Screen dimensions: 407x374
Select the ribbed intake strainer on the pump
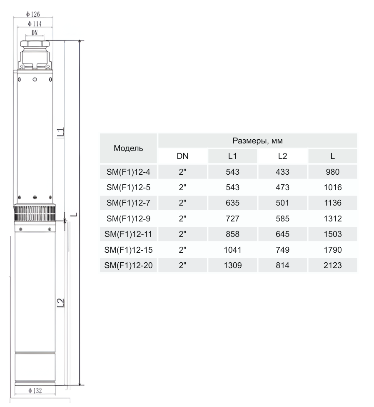[35, 215]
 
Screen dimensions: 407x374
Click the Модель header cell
[129, 148]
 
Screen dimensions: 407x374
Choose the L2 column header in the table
[282, 156]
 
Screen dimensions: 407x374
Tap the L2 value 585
[282, 218]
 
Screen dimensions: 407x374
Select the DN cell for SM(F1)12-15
[182, 250]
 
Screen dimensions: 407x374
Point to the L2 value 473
[282, 187]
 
